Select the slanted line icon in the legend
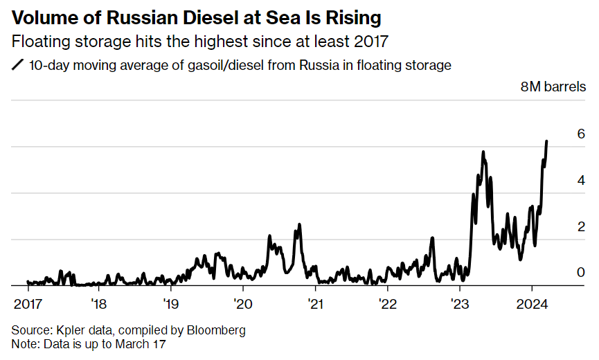(17, 66)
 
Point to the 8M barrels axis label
(553, 87)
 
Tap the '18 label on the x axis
(98, 304)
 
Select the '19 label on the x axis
(170, 304)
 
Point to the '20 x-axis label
(243, 304)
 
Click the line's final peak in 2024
(546, 141)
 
